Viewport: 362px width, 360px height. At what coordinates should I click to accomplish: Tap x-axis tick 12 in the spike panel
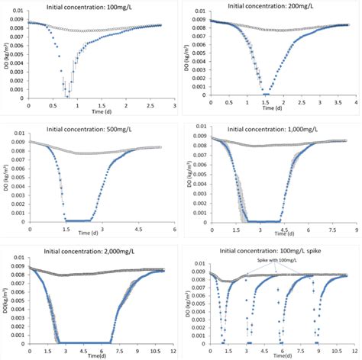click(354, 350)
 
